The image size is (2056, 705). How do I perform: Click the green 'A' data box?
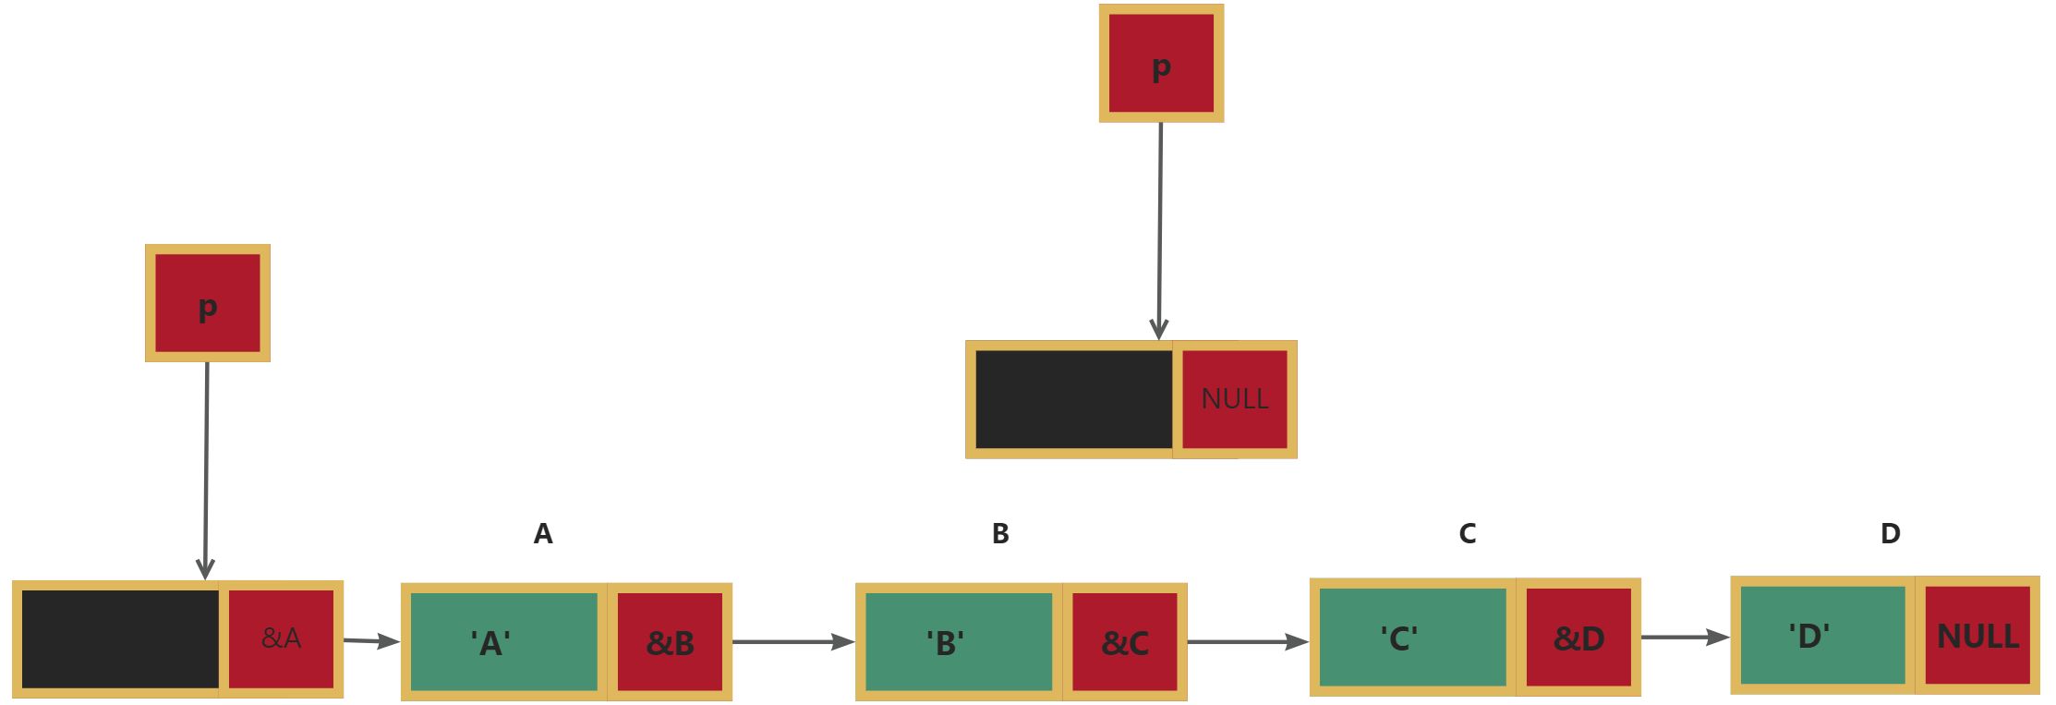click(503, 642)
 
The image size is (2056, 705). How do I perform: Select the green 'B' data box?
click(958, 642)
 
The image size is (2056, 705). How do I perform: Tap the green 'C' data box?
click(1412, 638)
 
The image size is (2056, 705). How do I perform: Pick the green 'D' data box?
click(1822, 636)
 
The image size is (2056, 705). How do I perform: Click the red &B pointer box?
click(670, 642)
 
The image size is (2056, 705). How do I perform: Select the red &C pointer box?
click(1125, 642)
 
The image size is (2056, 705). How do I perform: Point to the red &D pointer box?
click(1578, 638)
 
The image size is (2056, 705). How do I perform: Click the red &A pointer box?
click(281, 638)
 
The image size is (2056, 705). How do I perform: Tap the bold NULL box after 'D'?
click(1977, 636)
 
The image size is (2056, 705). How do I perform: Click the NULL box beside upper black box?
click(1235, 399)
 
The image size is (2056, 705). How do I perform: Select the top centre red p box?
click(1161, 64)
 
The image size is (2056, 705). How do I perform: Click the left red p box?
click(208, 303)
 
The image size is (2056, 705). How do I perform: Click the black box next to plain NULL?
click(1073, 399)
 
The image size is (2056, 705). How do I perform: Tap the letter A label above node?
click(543, 534)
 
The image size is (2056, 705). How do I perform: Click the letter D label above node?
click(1890, 534)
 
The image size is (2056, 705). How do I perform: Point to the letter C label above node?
click(1467, 534)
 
